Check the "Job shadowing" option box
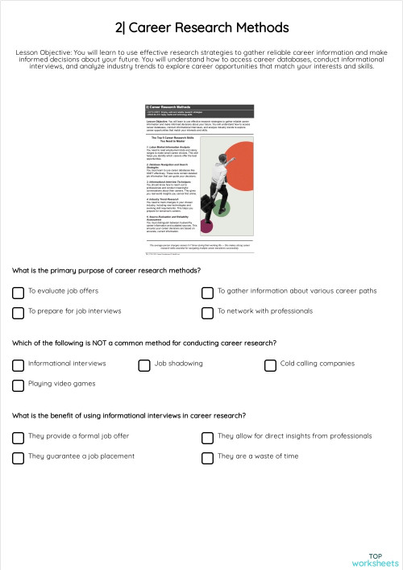point(144,364)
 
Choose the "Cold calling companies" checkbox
point(270,364)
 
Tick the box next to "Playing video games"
point(18,385)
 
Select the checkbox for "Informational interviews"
point(18,364)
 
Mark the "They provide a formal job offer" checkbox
point(18,437)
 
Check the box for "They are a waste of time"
point(207,457)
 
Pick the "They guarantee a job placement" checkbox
point(18,457)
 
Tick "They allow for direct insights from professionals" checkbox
point(207,437)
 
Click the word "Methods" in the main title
point(257,28)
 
